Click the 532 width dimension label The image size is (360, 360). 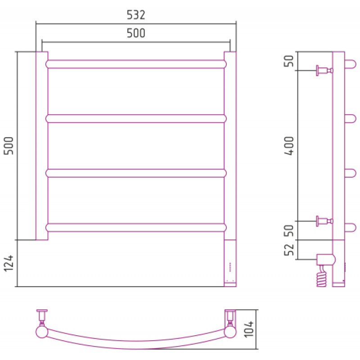point(136,15)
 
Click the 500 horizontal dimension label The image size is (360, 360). point(136,33)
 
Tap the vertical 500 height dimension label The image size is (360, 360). point(9,146)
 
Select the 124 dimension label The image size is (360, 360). point(9,263)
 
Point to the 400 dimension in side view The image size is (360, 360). point(289,146)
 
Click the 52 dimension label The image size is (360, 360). point(289,249)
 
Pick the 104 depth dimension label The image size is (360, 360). point(249,329)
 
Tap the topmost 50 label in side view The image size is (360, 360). point(288,61)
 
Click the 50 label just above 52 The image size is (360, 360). point(289,230)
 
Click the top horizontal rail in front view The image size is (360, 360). point(136,64)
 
